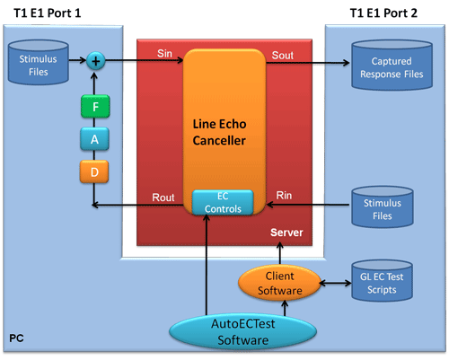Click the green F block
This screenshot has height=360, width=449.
95,106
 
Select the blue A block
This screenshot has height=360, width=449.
94,139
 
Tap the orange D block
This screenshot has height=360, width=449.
94,171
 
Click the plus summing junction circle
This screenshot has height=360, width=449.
96,61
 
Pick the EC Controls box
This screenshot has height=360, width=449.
223,203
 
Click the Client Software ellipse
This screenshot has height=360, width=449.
279,283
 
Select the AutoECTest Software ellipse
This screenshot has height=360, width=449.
242,332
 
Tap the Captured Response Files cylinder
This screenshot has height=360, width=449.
392,66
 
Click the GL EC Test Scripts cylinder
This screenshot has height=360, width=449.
382,280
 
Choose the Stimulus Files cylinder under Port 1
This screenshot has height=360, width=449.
39,62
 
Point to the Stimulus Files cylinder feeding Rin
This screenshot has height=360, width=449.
383,206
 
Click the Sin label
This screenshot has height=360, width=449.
164,53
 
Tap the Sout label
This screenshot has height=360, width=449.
282,55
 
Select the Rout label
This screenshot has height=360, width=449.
163,198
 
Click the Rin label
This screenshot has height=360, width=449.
284,196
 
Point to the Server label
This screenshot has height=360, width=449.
286,233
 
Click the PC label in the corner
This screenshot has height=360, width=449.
16,338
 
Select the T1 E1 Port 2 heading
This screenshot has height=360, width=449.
383,13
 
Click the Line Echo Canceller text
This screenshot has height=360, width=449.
219,132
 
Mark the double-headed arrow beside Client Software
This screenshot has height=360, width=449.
335,283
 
